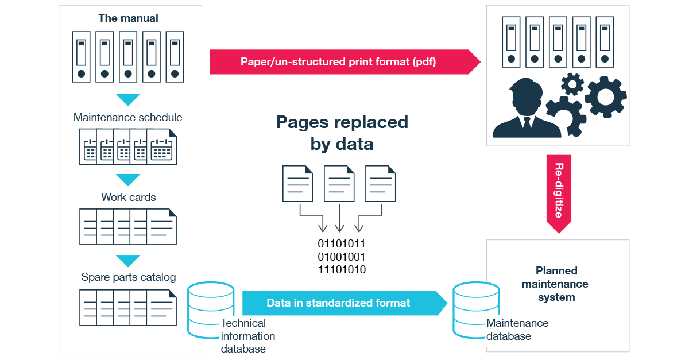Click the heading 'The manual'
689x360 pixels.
128,18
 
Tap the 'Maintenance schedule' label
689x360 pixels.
128,118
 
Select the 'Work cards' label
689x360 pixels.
128,197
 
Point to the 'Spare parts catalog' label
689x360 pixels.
128,277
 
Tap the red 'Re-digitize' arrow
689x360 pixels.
559,192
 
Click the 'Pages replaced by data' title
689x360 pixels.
342,133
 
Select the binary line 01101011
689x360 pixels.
342,243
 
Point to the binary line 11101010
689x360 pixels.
342,270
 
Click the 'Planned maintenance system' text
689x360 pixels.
556,284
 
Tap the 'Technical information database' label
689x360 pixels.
247,336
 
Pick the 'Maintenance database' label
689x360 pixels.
517,330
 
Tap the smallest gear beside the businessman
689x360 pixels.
572,84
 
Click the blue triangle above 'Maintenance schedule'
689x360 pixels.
128,100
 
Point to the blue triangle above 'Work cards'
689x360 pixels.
128,179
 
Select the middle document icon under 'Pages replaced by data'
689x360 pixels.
339,184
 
